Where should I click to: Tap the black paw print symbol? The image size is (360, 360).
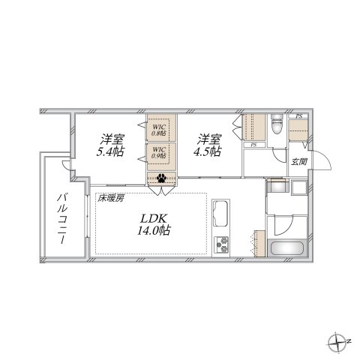click(161, 178)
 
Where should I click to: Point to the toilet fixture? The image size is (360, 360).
click(275, 124)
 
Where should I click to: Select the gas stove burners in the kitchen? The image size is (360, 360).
click(223, 243)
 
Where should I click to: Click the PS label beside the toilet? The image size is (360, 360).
click(298, 117)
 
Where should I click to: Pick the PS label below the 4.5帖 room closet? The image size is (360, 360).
click(253, 145)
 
